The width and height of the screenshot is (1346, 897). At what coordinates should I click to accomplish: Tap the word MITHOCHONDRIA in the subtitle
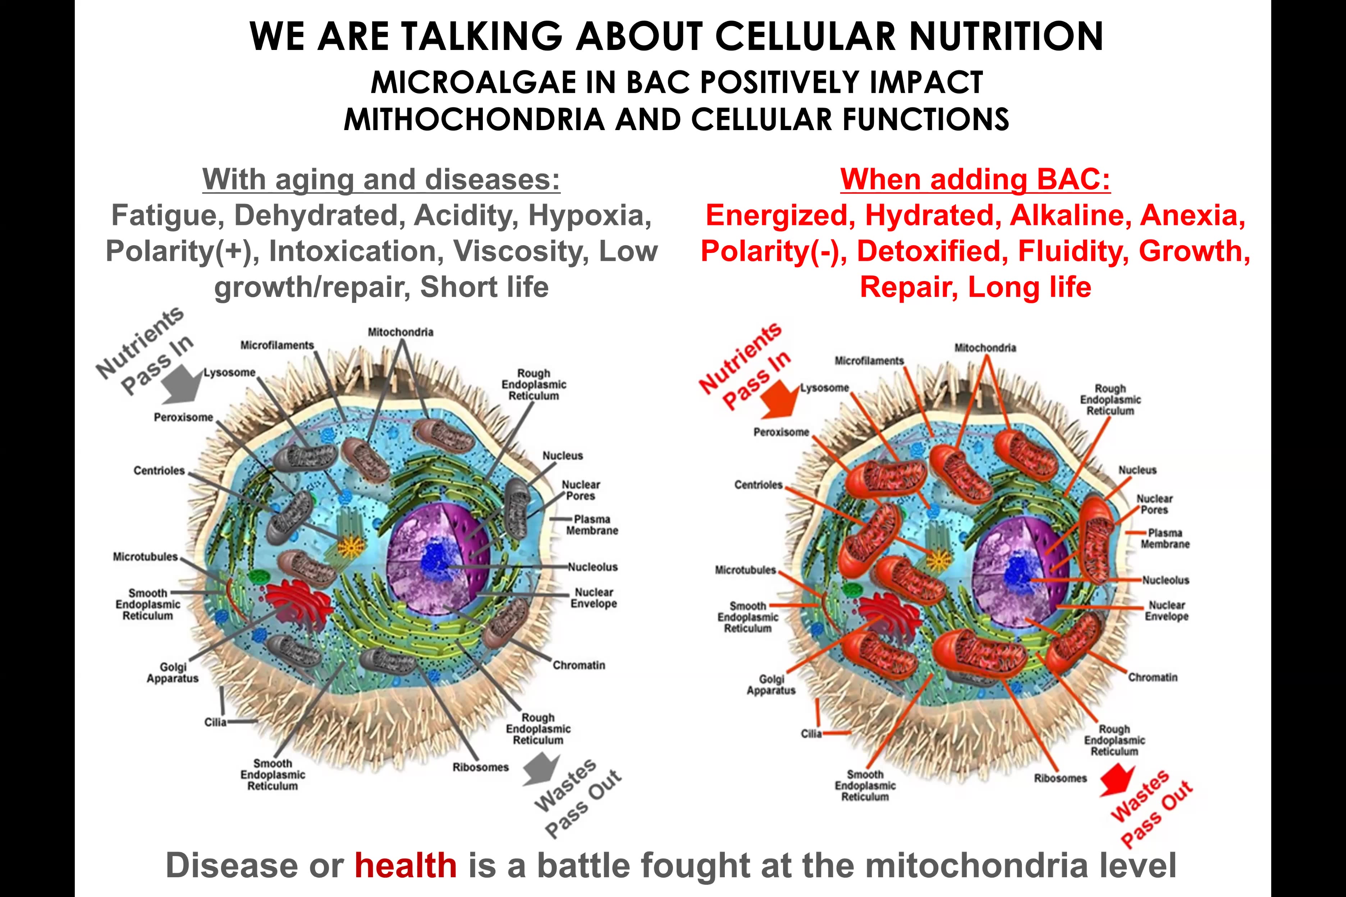[x=474, y=120]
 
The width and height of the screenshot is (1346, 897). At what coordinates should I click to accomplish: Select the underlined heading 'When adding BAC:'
[x=975, y=180]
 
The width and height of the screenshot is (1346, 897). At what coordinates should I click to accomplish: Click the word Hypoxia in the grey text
[x=590, y=216]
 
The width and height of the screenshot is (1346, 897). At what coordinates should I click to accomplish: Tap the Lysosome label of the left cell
[x=229, y=372]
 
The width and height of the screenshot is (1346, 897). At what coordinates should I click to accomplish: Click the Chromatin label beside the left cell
[x=578, y=665]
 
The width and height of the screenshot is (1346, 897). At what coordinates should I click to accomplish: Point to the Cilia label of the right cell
[x=811, y=733]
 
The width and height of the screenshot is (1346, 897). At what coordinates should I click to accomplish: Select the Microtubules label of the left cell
[x=145, y=557]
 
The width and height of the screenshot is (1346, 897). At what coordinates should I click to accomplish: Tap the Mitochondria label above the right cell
[x=985, y=348]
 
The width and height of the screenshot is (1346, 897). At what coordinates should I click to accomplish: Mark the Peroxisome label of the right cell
[x=780, y=432]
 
